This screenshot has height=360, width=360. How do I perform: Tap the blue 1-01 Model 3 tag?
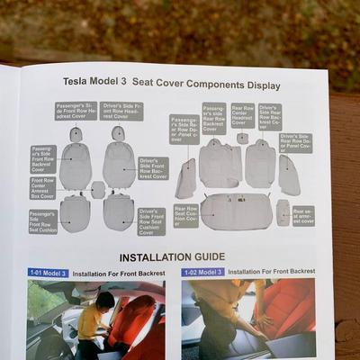[x=49, y=273]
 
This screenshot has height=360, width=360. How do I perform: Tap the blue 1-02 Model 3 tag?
[x=202, y=272]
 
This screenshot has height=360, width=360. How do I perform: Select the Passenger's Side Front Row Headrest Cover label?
[x=76, y=111]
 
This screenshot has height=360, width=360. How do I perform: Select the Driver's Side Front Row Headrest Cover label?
[x=121, y=111]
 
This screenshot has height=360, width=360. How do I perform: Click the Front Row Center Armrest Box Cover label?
[x=42, y=188]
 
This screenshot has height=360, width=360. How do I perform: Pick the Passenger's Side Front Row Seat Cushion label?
[x=43, y=221]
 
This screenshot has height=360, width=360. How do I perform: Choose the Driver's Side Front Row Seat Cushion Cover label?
[x=151, y=221]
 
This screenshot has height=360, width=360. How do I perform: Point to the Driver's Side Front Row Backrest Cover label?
[x=153, y=168]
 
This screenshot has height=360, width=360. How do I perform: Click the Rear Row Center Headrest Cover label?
[x=242, y=114]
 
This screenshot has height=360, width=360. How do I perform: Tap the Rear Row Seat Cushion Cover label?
[x=186, y=216]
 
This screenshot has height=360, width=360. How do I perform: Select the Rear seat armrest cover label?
[x=303, y=215]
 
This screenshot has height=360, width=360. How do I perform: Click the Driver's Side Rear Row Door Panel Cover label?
[x=294, y=143]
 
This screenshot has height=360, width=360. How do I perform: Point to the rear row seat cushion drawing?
[x=236, y=211]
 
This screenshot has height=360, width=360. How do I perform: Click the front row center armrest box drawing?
[x=98, y=189]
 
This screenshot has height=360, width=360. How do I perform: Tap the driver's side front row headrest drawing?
[x=118, y=133]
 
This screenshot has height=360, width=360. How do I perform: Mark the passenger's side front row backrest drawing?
[x=76, y=166]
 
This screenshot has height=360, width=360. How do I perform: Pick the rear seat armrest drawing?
[x=283, y=211]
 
